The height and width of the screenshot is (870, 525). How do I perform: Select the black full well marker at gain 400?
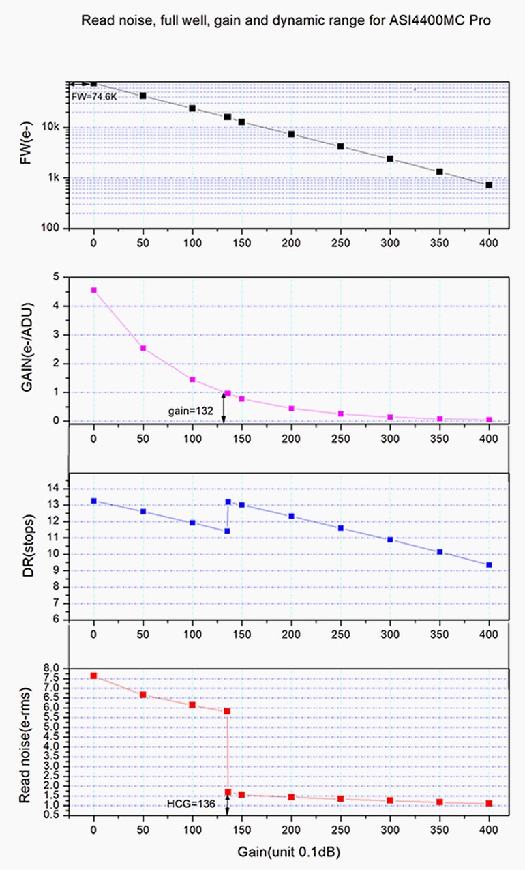(489, 185)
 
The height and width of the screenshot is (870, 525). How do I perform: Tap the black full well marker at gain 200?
(291, 134)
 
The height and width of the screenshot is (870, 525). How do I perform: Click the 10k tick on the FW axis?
(54, 128)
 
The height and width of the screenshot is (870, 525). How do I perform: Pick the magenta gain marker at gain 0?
(93, 290)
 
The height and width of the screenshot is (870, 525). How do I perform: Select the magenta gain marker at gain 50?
(143, 348)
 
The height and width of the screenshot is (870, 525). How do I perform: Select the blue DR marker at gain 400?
(489, 565)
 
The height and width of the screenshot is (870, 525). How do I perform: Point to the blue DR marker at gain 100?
(192, 523)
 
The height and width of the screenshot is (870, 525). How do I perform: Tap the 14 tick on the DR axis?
(55, 489)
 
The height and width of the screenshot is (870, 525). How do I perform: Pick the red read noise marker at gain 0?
(93, 676)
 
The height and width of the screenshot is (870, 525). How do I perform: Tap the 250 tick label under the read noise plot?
(341, 828)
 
